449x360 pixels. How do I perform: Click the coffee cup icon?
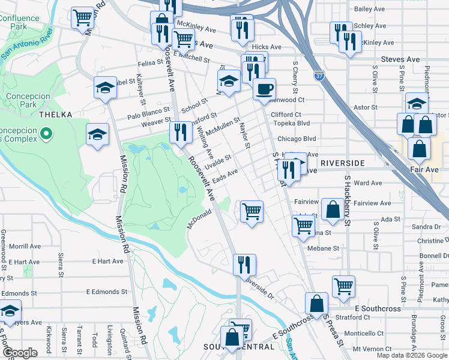click(x=264, y=90)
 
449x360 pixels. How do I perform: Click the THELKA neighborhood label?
click(x=55, y=115)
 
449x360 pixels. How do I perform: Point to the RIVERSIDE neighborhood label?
click(x=342, y=163)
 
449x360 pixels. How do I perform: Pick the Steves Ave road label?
click(x=400, y=59)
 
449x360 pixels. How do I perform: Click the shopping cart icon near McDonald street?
click(x=252, y=211)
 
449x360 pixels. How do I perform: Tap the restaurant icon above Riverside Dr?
click(x=244, y=263)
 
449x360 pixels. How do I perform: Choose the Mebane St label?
click(x=323, y=248)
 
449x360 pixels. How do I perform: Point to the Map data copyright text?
click(x=412, y=355)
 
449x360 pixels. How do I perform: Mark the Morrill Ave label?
click(x=25, y=246)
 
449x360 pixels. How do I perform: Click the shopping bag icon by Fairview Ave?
click(x=332, y=209)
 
